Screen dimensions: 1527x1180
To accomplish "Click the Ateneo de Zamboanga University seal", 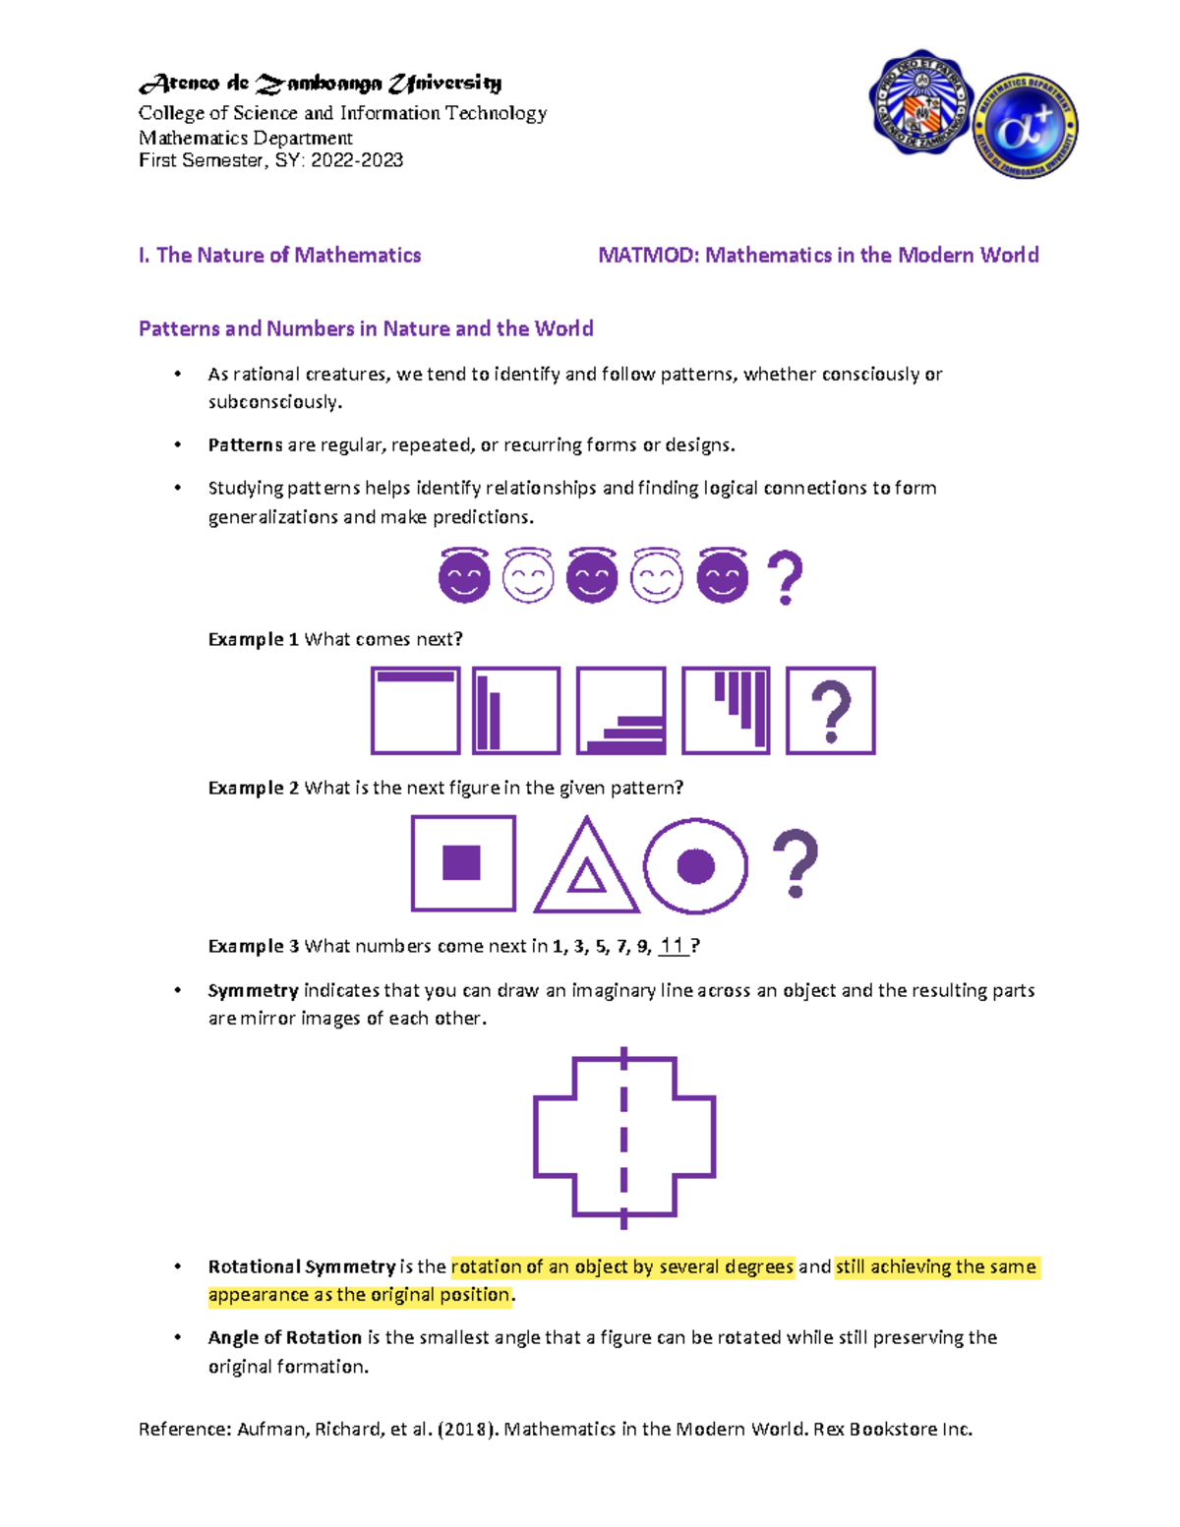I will pyautogui.click(x=920, y=103).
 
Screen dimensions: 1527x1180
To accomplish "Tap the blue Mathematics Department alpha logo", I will pyautogui.click(x=1026, y=127).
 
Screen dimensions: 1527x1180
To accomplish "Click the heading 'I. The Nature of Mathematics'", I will pyautogui.click(x=279, y=256).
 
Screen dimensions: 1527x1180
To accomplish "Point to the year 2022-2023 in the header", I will pyautogui.click(x=357, y=160).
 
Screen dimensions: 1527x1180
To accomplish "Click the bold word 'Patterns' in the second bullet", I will pyautogui.click(x=245, y=445).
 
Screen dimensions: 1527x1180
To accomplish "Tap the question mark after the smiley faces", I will pyautogui.click(x=784, y=578).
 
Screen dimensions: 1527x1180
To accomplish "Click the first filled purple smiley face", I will pyautogui.click(x=464, y=576).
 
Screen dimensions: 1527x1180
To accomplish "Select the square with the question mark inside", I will pyautogui.click(x=830, y=711).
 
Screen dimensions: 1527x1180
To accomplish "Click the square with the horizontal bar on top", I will pyautogui.click(x=415, y=711).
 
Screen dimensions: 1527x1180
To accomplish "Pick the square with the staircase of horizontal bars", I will pyautogui.click(x=620, y=711).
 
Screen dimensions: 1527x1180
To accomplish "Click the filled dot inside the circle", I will pyautogui.click(x=696, y=867).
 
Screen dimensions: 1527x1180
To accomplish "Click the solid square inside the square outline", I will pyautogui.click(x=462, y=862).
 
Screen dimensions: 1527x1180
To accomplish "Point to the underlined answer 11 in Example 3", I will pyautogui.click(x=673, y=946).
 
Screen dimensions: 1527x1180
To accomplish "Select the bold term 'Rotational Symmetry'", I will pyautogui.click(x=302, y=1266).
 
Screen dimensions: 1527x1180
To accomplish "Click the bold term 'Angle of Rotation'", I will pyautogui.click(x=284, y=1337).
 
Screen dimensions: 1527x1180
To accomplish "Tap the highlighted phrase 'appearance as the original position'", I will pyautogui.click(x=360, y=1295).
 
